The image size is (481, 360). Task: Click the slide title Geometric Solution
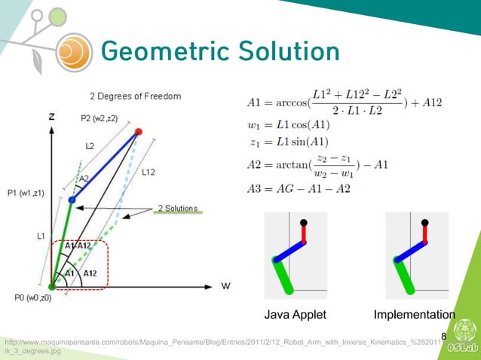tap(219, 51)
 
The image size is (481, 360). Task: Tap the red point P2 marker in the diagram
tap(138, 132)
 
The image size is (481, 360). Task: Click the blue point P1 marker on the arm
tap(72, 200)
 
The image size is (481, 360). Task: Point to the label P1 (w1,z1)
tap(26, 192)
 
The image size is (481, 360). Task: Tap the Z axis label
tap(51, 117)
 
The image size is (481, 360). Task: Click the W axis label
tap(225, 286)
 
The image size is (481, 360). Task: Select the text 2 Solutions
tap(177, 208)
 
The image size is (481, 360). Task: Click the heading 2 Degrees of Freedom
tap(135, 96)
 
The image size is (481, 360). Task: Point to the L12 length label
tap(150, 172)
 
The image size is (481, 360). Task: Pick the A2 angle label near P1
tap(84, 178)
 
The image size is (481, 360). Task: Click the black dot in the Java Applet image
tap(303, 223)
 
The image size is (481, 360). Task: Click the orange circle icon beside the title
tap(72, 51)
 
